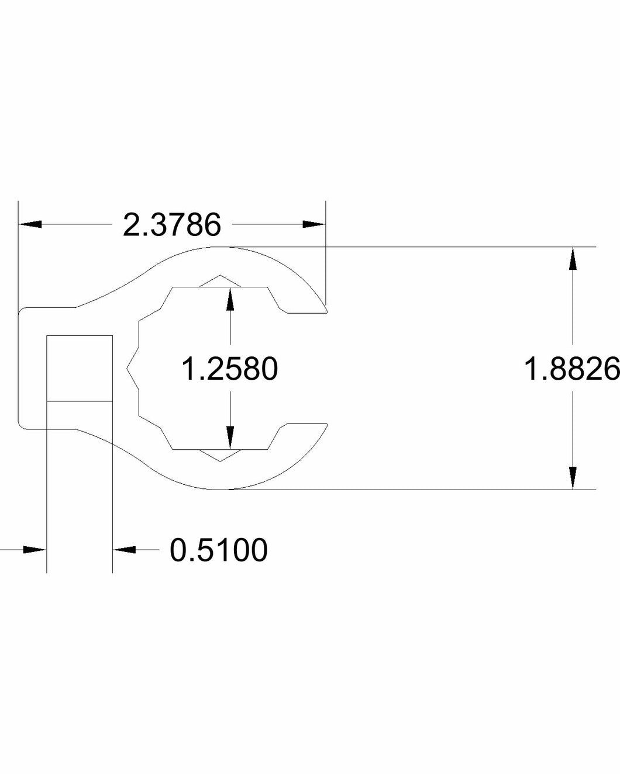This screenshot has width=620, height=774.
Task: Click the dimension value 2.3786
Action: point(171,225)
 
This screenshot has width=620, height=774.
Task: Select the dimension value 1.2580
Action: point(229,369)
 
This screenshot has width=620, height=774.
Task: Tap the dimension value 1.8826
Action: point(571,369)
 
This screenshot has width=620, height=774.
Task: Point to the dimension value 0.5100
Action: point(219,550)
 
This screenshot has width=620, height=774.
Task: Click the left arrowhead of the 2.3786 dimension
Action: point(29,224)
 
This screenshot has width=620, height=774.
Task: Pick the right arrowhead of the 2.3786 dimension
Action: point(314,224)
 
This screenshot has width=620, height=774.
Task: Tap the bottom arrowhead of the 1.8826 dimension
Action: point(573,478)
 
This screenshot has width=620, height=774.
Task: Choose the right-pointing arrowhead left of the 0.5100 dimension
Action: point(35,549)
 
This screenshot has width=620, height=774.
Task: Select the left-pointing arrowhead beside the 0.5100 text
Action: point(124,549)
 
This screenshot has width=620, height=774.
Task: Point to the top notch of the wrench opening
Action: point(221,281)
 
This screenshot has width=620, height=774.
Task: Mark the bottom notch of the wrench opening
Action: point(221,456)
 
